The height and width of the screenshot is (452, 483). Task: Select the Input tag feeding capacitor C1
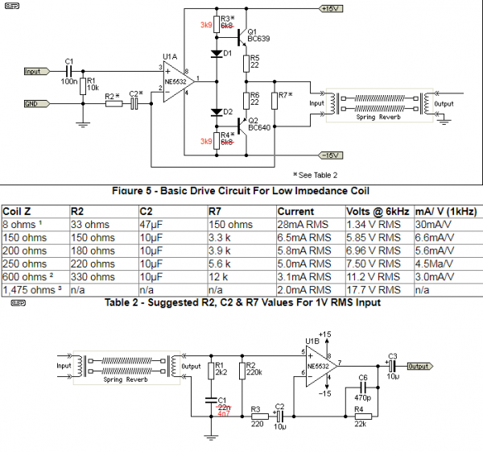point(36,71)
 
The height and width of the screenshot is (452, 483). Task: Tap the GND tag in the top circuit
point(36,104)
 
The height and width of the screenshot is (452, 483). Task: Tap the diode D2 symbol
point(217,112)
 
